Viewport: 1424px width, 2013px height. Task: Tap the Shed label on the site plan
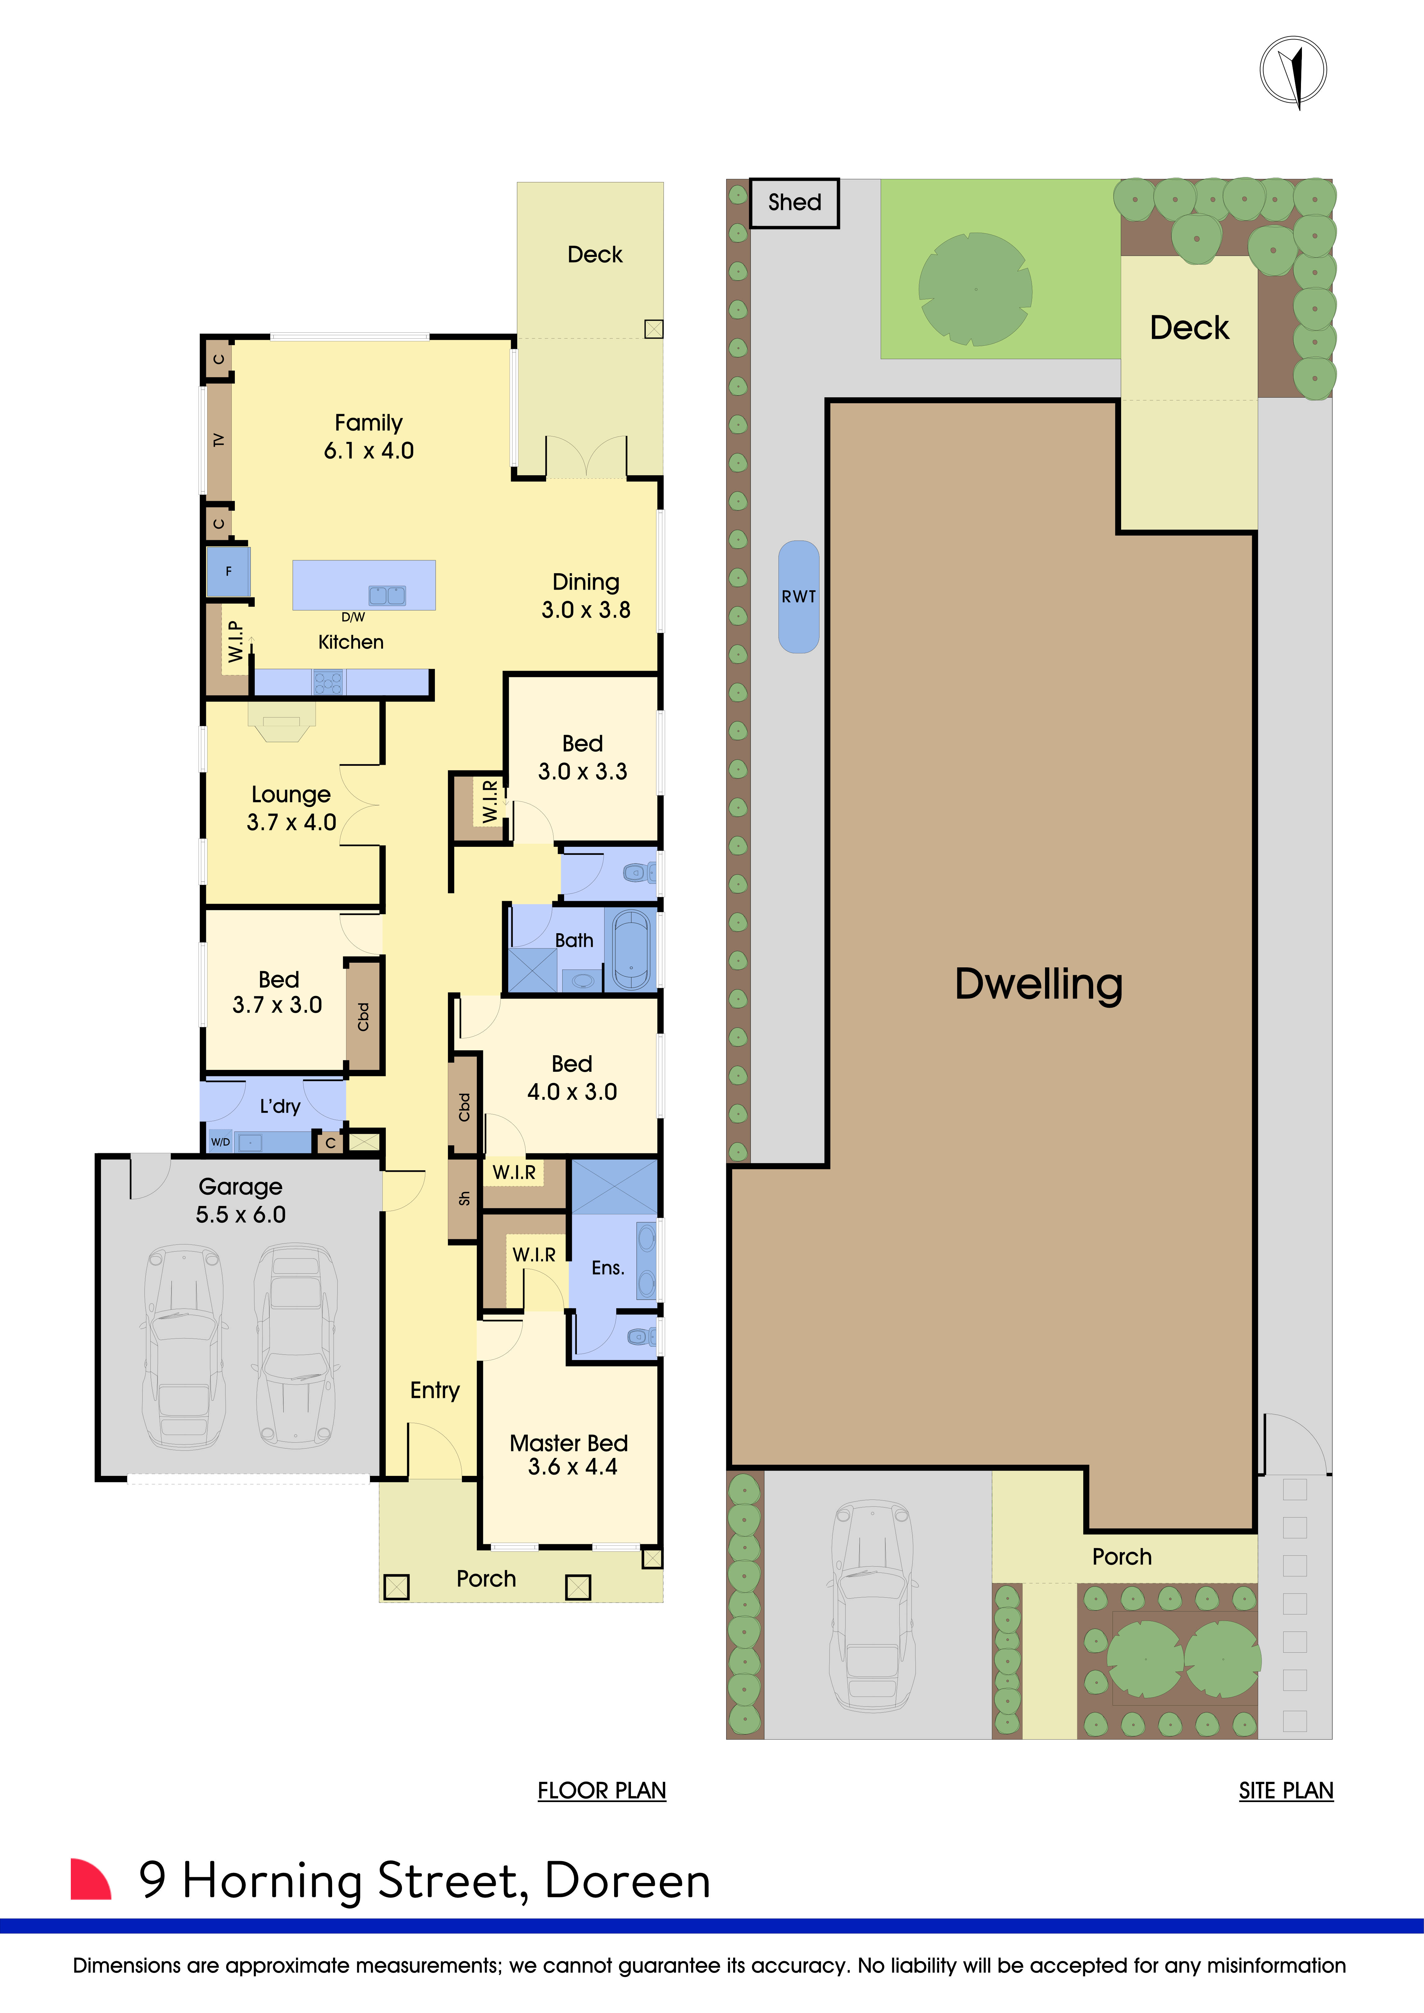[x=794, y=203]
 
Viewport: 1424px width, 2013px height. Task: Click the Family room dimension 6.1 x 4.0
[x=368, y=451]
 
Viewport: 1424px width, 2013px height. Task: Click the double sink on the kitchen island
[x=387, y=595]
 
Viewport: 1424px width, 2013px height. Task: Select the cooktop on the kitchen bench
[x=328, y=682]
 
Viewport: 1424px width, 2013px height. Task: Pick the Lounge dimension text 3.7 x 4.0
[x=291, y=822]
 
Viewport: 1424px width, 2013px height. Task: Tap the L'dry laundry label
[x=280, y=1107]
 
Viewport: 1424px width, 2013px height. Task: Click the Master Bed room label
[x=568, y=1443]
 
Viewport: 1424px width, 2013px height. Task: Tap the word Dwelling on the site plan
[x=1038, y=984]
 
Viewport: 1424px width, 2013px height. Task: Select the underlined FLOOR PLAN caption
[x=601, y=1790]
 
